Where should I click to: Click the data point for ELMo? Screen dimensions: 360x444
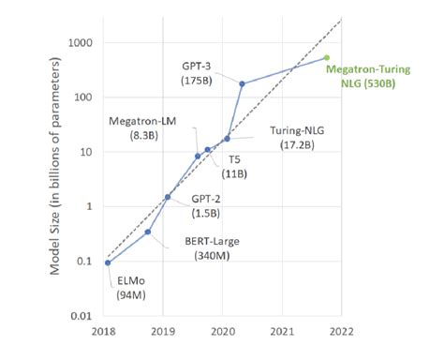coord(108,262)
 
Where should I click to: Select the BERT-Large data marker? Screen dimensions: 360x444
coord(148,232)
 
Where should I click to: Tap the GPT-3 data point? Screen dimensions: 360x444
coord(243,84)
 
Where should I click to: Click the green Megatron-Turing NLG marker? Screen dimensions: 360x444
coord(326,57)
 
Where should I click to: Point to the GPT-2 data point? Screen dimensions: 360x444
coord(168,197)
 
